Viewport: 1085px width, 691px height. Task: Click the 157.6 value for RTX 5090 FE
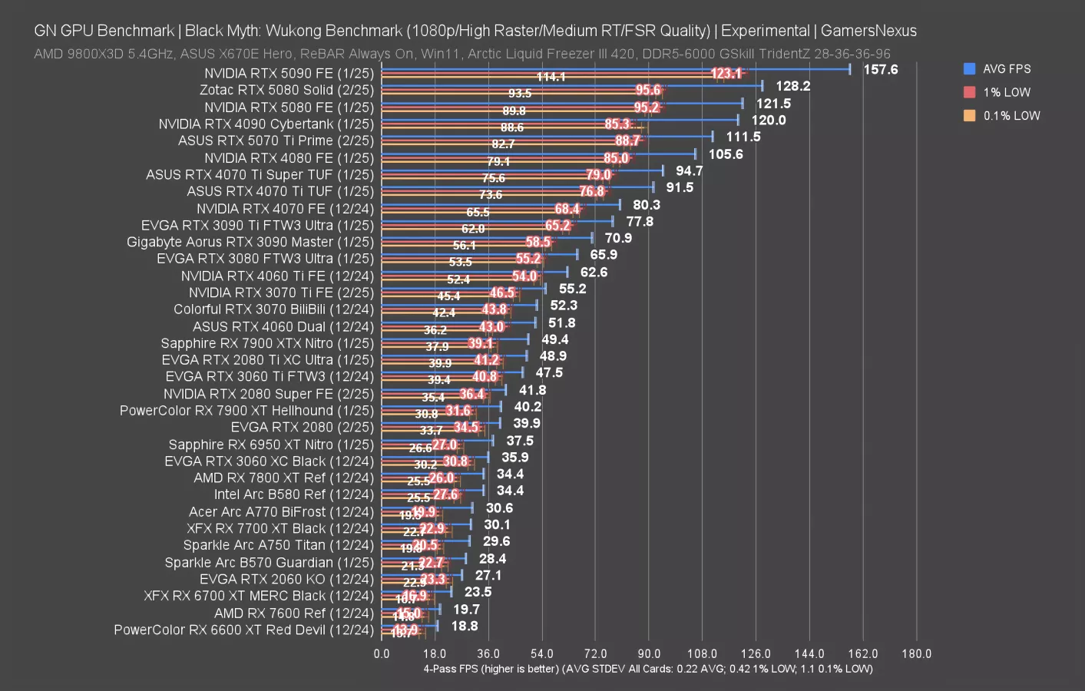(x=880, y=70)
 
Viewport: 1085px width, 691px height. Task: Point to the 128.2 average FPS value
(x=793, y=86)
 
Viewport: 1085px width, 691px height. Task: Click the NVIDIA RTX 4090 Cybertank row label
(x=266, y=124)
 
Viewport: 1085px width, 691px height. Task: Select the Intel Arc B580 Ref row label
(x=293, y=494)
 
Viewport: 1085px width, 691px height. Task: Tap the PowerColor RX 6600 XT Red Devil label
(x=243, y=630)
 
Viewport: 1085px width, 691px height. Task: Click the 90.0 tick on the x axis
(x=648, y=654)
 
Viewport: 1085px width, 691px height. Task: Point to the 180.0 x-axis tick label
(x=916, y=654)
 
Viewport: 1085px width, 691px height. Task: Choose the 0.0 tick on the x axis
(x=382, y=654)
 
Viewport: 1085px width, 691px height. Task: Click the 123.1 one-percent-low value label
(x=726, y=74)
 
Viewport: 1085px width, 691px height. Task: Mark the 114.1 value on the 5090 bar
(x=551, y=77)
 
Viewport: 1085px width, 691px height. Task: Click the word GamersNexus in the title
(x=868, y=31)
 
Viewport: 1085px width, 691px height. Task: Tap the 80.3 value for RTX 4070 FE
(x=647, y=205)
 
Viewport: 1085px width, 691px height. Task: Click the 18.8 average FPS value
(x=465, y=626)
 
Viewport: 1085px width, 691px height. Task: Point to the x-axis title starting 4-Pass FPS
(x=648, y=669)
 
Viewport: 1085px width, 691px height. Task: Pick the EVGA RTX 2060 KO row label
(x=286, y=579)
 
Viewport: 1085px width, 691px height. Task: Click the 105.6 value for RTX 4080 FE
(x=726, y=154)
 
